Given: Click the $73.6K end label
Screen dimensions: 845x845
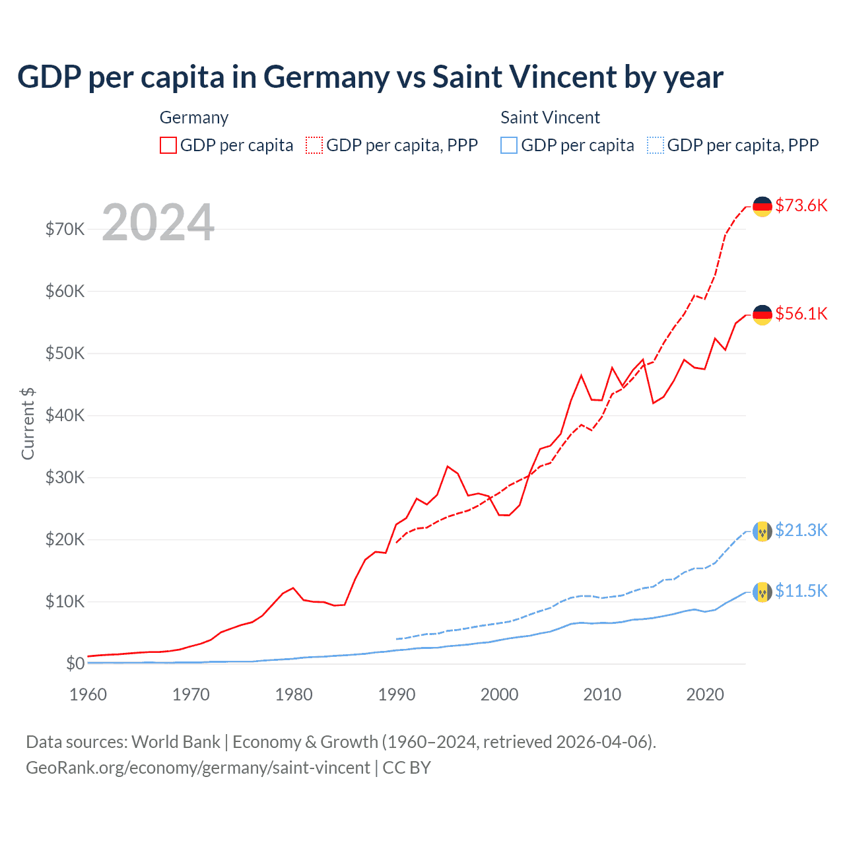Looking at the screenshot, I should click(x=801, y=205).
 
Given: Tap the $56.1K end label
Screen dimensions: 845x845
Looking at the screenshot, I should click(x=801, y=314).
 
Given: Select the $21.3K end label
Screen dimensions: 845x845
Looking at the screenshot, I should click(x=801, y=530).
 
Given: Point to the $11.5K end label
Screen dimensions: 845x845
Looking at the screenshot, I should click(x=801, y=591).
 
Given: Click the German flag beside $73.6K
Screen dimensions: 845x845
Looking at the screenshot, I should click(x=762, y=207).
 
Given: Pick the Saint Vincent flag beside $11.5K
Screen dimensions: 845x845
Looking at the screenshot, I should click(x=762, y=591).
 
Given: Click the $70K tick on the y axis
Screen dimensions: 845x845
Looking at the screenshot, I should click(x=65, y=229).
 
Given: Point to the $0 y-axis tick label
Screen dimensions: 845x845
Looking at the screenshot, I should click(x=75, y=663).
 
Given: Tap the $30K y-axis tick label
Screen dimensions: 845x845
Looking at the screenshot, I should click(x=65, y=477).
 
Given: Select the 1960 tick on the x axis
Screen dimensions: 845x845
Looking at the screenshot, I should click(x=88, y=694).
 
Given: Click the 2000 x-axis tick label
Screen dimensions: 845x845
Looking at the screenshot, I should click(x=500, y=694).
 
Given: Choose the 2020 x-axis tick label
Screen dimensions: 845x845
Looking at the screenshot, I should click(x=705, y=694).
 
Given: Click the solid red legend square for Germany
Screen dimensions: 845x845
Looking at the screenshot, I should click(x=168, y=145).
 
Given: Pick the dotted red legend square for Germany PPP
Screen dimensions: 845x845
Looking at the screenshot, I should click(x=314, y=145).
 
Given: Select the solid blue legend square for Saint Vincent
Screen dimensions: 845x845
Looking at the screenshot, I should click(x=509, y=145).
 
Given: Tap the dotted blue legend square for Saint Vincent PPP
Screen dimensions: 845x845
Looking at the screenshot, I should click(x=656, y=145).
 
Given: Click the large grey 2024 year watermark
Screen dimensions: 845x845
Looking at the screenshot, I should click(x=158, y=223).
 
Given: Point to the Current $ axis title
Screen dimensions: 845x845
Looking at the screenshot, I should click(x=28, y=424).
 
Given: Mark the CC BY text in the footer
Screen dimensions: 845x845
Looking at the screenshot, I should click(x=407, y=768).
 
